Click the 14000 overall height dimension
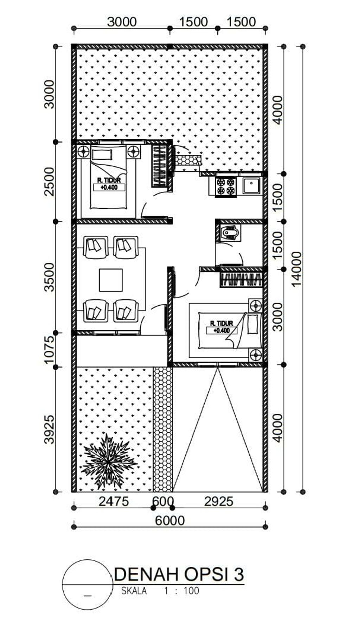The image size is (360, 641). click(297, 269)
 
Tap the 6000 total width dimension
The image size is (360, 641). click(170, 520)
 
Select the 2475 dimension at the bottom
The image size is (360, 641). click(114, 501)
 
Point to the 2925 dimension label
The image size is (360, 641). click(219, 501)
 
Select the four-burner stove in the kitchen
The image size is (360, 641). click(225, 186)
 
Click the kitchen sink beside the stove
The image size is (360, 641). click(251, 186)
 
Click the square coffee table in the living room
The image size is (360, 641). click(111, 280)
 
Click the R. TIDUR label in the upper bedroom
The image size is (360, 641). click(109, 180)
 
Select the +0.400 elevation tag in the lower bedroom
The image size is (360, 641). click(221, 330)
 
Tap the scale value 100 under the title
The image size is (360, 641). click(192, 591)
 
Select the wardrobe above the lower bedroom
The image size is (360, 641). click(241, 280)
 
